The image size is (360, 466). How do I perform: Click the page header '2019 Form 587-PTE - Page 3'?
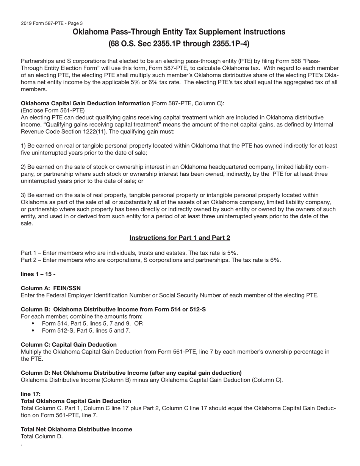52,23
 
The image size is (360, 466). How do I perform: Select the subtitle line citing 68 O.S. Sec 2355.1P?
179,44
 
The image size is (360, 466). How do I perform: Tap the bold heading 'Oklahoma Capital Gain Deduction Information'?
85,103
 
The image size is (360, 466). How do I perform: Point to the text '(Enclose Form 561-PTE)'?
53,111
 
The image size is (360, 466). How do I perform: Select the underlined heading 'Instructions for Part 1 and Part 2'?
180,238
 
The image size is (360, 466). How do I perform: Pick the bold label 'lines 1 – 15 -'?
38,274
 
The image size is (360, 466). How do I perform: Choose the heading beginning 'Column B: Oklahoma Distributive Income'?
113,310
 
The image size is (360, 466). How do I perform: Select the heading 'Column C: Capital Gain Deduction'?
69,345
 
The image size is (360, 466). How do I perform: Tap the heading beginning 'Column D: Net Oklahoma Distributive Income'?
131,373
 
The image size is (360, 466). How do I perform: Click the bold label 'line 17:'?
31,394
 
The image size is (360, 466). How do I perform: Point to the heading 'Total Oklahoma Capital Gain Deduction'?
76,401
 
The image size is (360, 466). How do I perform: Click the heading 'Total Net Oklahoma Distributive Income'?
76,429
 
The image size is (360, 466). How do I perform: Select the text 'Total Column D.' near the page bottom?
42,436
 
